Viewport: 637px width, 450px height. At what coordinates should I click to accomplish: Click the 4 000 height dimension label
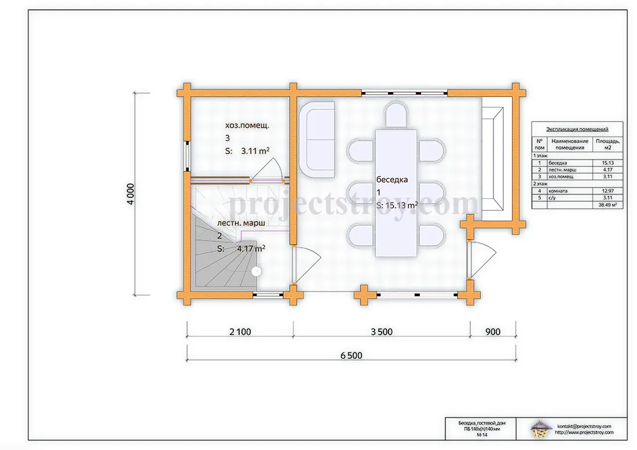[x=130, y=194]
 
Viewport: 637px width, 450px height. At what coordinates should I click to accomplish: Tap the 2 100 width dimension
[x=240, y=332]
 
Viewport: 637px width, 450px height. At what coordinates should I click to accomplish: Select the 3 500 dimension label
[x=382, y=332]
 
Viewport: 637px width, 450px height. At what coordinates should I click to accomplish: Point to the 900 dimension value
[x=493, y=332]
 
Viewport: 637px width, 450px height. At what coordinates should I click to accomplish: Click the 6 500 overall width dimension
[x=352, y=356]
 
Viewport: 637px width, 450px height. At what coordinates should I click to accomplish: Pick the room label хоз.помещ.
[x=247, y=126]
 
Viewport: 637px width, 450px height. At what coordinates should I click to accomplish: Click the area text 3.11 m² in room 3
[x=255, y=151]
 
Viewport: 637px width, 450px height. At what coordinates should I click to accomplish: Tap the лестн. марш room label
[x=241, y=223]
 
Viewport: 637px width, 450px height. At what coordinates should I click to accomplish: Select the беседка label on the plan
[x=392, y=179]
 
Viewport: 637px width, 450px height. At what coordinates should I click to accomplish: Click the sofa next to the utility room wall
[x=317, y=139]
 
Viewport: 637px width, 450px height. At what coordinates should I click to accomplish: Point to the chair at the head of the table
[x=396, y=115]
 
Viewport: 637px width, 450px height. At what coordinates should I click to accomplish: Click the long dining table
[x=396, y=193]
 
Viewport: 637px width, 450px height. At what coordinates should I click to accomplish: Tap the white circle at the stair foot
[x=257, y=271]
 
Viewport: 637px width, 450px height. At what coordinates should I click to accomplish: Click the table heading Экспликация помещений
[x=577, y=130]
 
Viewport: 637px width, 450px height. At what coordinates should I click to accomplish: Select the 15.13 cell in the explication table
[x=608, y=163]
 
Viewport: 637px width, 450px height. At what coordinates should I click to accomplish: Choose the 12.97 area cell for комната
[x=608, y=191]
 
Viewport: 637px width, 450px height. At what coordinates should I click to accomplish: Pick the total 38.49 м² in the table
[x=607, y=205]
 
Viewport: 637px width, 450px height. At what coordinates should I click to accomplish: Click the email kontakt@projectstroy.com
[x=584, y=426]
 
